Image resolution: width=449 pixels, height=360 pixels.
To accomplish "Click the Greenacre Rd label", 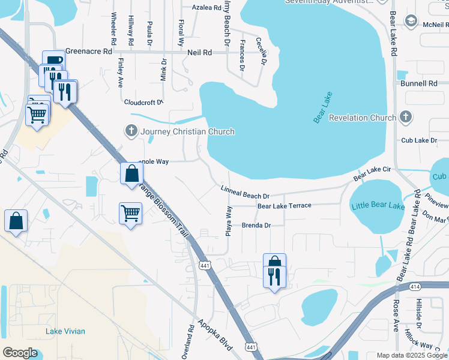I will [89, 52].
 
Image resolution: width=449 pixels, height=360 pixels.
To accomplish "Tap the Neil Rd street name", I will [200, 53].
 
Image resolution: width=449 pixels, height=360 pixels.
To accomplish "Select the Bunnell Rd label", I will [420, 84].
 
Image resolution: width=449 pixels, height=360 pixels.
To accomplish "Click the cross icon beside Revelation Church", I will [405, 118].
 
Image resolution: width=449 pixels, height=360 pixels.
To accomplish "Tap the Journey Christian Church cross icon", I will [131, 131].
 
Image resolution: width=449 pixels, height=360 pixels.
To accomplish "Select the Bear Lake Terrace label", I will [284, 206].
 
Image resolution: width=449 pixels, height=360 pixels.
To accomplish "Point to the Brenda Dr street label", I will [256, 226].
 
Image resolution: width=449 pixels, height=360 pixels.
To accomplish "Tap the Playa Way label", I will [229, 221].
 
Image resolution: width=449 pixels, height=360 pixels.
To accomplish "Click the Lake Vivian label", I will [65, 331].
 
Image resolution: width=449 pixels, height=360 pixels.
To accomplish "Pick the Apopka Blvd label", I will [215, 336].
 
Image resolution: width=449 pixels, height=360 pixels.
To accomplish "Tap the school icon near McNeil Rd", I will [411, 22].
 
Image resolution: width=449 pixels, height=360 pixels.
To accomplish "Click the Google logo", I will [20, 353].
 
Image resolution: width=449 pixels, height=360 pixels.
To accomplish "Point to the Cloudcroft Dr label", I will [143, 102].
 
